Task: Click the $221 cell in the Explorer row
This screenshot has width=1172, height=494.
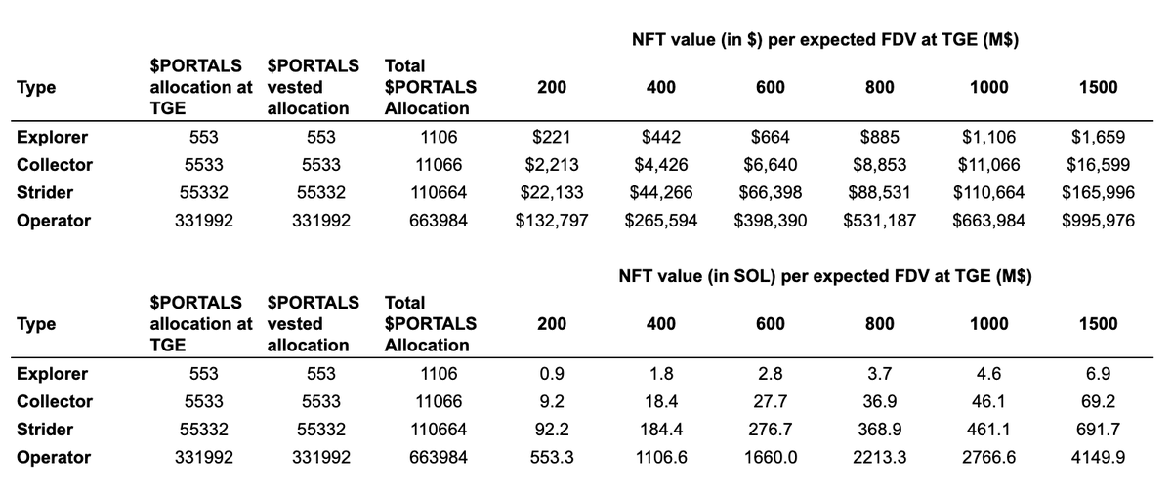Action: [552, 138]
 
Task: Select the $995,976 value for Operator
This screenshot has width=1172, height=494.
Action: [1098, 221]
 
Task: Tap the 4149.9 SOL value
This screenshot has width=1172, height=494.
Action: [1098, 457]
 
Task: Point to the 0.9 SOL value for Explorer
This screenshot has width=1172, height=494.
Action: [552, 374]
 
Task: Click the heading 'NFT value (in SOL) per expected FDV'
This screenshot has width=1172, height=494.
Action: [825, 276]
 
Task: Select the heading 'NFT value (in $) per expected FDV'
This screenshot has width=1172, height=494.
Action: [825, 40]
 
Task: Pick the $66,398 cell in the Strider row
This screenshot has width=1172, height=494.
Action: [771, 193]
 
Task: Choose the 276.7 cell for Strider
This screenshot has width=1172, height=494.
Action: [771, 430]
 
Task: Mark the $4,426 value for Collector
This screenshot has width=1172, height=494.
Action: [661, 165]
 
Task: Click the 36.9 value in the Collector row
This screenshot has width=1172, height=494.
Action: [880, 401]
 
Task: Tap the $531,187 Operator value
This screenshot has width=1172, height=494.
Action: [880, 221]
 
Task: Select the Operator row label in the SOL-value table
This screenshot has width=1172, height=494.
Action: [54, 457]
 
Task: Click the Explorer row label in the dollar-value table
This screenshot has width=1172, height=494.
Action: [53, 138]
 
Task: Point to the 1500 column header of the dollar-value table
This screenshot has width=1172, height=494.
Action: [1098, 88]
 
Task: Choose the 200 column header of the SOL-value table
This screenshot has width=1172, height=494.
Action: [552, 324]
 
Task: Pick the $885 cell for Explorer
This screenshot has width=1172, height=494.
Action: [880, 138]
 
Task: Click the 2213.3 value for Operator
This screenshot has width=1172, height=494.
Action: [880, 457]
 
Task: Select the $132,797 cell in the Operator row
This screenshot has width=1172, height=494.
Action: [552, 221]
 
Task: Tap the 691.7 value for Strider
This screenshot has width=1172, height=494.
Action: [1098, 430]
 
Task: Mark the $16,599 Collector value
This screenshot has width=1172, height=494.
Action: [1098, 165]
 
